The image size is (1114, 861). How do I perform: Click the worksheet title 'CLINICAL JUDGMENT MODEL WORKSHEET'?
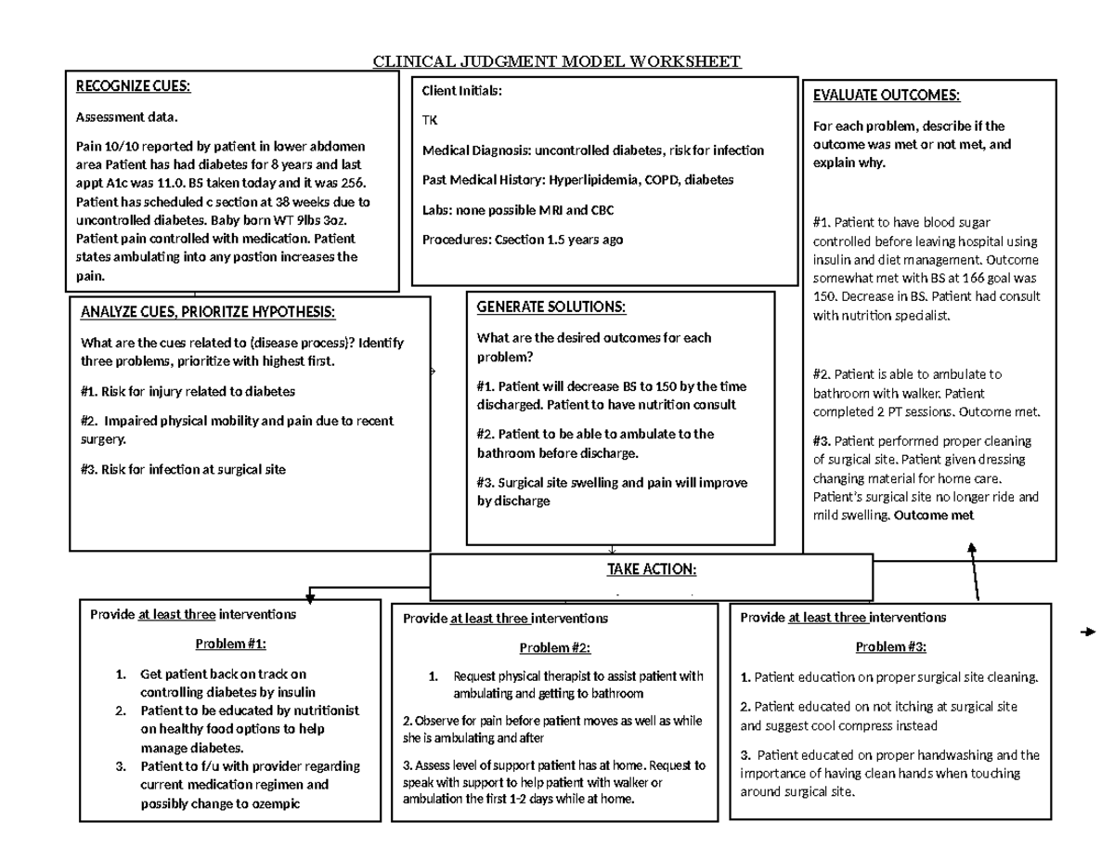(x=556, y=62)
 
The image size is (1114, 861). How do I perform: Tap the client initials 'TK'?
(x=430, y=121)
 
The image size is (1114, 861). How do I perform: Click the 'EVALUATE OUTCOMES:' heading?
(x=886, y=96)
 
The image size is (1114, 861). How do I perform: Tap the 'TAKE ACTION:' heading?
(x=651, y=568)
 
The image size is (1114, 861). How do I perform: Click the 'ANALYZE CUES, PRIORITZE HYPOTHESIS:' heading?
(x=208, y=311)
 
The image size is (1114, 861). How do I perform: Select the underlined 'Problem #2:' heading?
(x=554, y=647)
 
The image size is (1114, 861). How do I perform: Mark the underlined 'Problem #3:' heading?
(x=890, y=647)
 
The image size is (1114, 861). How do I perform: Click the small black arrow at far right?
(x=1089, y=633)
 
